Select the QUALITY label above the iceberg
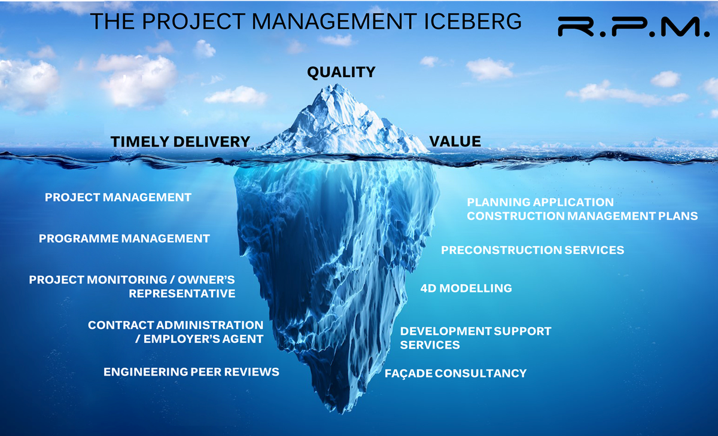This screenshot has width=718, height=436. click(341, 72)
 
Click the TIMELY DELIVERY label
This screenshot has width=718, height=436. click(180, 142)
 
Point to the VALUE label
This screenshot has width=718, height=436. click(455, 142)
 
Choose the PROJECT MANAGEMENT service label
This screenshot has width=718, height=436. click(118, 197)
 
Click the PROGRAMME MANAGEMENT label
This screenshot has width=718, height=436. click(124, 239)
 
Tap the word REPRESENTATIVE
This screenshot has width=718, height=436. click(182, 294)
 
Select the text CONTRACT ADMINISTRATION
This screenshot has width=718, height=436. click(175, 325)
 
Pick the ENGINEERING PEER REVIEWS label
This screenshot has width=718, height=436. click(191, 372)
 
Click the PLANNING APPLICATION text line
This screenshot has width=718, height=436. click(540, 203)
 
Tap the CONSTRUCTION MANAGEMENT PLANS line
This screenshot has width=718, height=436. click(582, 216)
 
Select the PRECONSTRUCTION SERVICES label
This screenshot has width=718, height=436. click(533, 250)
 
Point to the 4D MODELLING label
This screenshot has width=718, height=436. click(466, 288)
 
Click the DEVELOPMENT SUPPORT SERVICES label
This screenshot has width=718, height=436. click(476, 338)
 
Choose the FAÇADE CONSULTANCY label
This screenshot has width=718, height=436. click(456, 373)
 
